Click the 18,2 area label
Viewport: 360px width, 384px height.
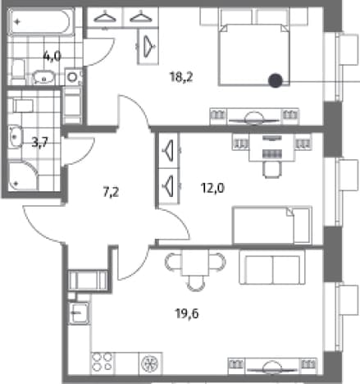[181, 77]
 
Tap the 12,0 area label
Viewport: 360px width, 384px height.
[212, 188]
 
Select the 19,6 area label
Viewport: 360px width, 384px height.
[187, 313]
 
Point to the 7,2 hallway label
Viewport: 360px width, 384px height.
[111, 192]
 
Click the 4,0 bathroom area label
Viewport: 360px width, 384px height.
[52, 57]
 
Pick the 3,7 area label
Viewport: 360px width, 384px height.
[40, 142]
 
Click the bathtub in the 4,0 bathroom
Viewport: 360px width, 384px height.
[41, 22]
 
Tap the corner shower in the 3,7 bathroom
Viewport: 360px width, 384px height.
[23, 176]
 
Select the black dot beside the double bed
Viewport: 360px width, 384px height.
[276, 80]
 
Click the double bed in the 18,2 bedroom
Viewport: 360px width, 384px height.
[254, 54]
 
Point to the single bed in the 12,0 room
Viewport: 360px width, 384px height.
[272, 226]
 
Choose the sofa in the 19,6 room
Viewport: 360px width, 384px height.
[272, 267]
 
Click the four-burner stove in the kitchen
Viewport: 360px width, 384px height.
[103, 362]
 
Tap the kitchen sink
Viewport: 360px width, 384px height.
[79, 313]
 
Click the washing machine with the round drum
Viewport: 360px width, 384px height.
[73, 77]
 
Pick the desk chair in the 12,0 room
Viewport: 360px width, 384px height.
[271, 170]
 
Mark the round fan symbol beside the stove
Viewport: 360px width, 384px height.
[150, 363]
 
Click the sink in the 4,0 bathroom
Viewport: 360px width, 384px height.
[43, 77]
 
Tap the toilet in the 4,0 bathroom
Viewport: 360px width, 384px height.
[18, 70]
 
